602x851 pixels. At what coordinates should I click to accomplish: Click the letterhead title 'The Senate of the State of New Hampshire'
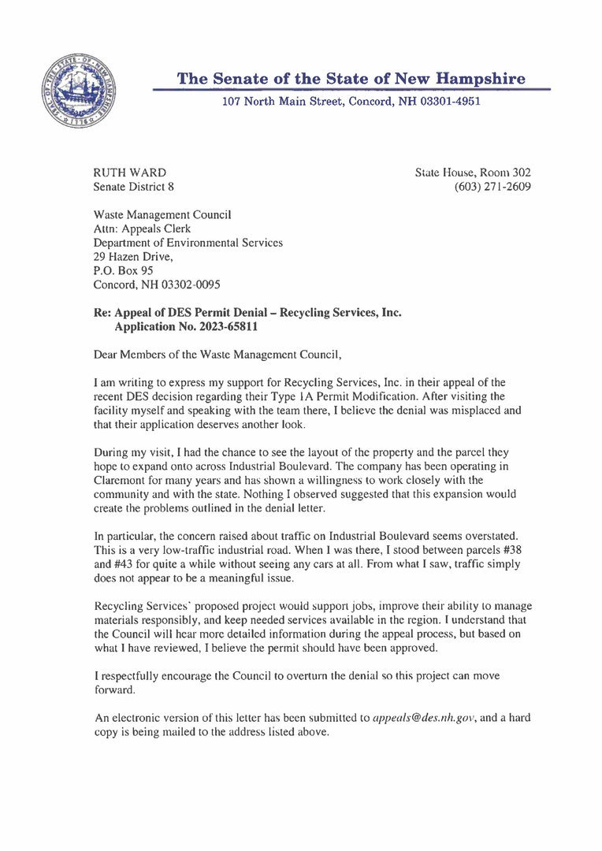[351, 79]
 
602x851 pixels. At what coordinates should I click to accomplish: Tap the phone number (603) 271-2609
[492, 187]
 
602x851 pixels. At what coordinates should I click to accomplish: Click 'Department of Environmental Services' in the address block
[188, 243]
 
